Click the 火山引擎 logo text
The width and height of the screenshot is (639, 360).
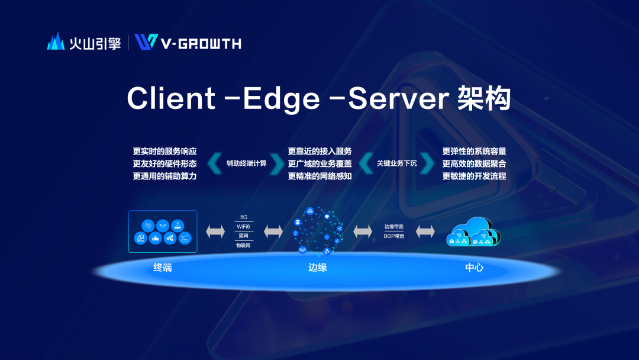pyautogui.click(x=95, y=43)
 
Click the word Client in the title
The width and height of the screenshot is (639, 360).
pyautogui.click(x=171, y=98)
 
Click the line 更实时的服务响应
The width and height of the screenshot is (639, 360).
pyautogui.click(x=164, y=151)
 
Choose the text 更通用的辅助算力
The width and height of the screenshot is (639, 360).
pyautogui.click(x=164, y=176)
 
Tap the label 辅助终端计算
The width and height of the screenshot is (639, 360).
pyautogui.click(x=246, y=163)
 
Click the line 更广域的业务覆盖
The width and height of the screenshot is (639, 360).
pyautogui.click(x=319, y=163)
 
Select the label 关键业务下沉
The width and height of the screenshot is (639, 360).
pyautogui.click(x=396, y=163)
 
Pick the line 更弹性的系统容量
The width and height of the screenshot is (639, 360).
pyautogui.click(x=474, y=151)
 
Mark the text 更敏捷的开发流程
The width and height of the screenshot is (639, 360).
pyautogui.click(x=474, y=176)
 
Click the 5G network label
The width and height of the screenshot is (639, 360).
pyautogui.click(x=244, y=217)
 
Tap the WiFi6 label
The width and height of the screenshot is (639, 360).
pyautogui.click(x=244, y=226)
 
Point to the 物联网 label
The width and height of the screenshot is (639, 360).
pyautogui.click(x=244, y=245)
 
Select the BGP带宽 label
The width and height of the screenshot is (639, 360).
pyautogui.click(x=394, y=236)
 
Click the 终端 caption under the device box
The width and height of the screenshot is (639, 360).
pyautogui.click(x=163, y=267)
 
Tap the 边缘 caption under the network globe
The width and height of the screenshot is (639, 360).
pyautogui.click(x=318, y=267)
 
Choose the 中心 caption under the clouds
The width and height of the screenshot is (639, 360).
pyautogui.click(x=475, y=267)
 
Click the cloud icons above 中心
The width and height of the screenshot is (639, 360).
pyautogui.click(x=474, y=232)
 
